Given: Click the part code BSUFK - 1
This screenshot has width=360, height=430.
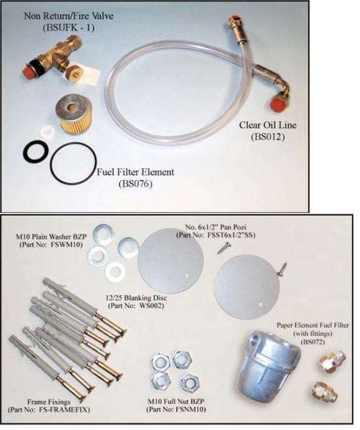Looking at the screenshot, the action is click(x=69, y=28).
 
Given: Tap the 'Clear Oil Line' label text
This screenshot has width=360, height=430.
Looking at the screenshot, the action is click(x=267, y=125).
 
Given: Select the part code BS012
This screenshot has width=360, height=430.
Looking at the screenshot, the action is click(x=267, y=137).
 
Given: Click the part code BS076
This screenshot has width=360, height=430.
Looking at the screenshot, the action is click(x=136, y=184).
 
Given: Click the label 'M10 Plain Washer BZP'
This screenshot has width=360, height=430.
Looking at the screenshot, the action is click(x=51, y=236).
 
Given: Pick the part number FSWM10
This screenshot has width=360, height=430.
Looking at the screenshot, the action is click(x=51, y=245).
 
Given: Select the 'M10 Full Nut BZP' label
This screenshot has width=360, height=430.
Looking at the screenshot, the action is click(x=176, y=401).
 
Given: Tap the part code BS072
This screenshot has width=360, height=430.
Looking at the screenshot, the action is click(x=312, y=342).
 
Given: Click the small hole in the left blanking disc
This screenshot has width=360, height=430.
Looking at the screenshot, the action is click(x=187, y=275).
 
